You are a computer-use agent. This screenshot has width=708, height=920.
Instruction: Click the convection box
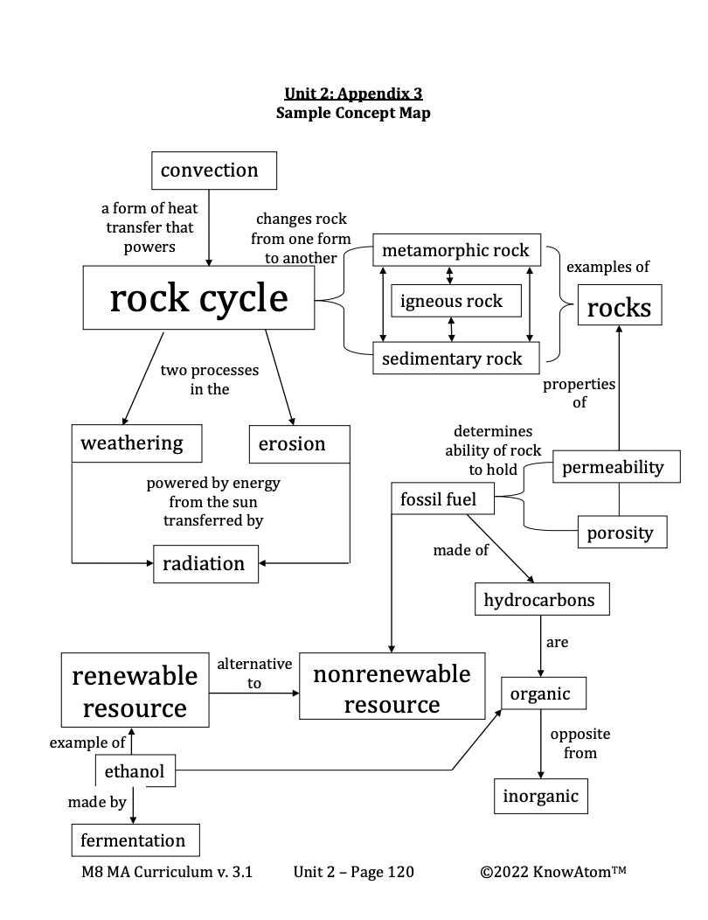coord(213,171)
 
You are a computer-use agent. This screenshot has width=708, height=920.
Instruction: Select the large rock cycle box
coord(198,298)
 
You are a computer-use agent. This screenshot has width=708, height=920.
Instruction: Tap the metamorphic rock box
coord(456,250)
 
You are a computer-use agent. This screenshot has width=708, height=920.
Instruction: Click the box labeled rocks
coord(619,308)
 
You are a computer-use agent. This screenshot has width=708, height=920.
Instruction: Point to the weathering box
coord(136,443)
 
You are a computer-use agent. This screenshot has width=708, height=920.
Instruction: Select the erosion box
coord(298,444)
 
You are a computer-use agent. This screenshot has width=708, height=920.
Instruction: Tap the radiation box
coord(205,563)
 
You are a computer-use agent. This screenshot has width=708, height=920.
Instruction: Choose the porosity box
coord(621,533)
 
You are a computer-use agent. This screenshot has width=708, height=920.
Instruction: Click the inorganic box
coord(540,796)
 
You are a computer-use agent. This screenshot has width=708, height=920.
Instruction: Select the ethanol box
coord(135,772)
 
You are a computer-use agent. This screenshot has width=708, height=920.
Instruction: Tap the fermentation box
coord(135,840)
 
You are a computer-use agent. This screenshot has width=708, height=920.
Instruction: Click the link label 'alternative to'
coord(254,673)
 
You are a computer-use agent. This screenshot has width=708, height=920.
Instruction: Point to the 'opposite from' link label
coord(580,743)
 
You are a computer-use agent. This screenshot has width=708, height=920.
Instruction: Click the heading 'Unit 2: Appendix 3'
coord(353,94)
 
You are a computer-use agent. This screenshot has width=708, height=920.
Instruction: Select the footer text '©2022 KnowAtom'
coord(552,872)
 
